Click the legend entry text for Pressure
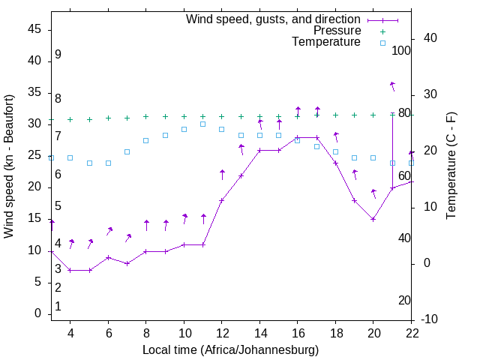pyautogui.click(x=337, y=31)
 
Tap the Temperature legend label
pyautogui.click(x=326, y=42)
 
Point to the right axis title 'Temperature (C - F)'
pyautogui.click(x=451, y=166)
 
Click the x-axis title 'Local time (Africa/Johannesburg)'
pyautogui.click(x=231, y=350)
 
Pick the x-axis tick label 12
pyautogui.click(x=222, y=333)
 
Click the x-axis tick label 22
pyautogui.click(x=412, y=333)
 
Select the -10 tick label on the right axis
pyautogui.click(x=434, y=319)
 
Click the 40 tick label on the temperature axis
pyautogui.click(x=430, y=38)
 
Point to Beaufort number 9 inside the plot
pyautogui.click(x=58, y=55)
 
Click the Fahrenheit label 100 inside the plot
pyautogui.click(x=401, y=51)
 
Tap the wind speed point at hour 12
pyautogui.click(x=222, y=200)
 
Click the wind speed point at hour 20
pyautogui.click(x=373, y=219)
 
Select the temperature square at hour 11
pyautogui.click(x=203, y=124)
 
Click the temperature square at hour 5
pyautogui.click(x=90, y=163)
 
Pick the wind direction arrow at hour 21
pyautogui.click(x=392, y=85)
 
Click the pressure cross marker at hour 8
pyautogui.click(x=146, y=117)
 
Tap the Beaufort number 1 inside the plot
pyautogui.click(x=58, y=306)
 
